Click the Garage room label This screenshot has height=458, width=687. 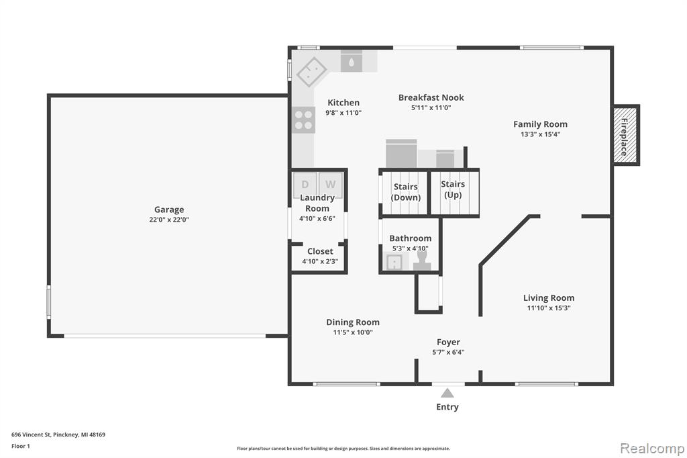169,210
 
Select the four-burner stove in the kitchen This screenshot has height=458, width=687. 303,120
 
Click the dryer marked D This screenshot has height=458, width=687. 305,184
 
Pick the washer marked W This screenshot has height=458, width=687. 331,184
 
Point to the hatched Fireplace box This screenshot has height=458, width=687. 625,135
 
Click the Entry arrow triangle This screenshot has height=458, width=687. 447,393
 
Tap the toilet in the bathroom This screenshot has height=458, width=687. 422,261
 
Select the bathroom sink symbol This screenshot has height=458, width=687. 394,263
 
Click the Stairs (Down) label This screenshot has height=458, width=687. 406,192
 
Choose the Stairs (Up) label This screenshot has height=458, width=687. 453,189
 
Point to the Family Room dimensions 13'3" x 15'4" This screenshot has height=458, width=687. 540,134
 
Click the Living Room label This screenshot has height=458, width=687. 549,298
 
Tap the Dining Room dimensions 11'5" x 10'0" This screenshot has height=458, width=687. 353,332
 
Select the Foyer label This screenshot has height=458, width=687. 448,342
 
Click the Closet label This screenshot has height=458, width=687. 320,251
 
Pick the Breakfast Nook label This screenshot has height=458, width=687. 431,97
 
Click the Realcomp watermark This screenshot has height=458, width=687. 652,448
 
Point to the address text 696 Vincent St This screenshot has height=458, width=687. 31,434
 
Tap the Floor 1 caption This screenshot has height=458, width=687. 21,446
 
